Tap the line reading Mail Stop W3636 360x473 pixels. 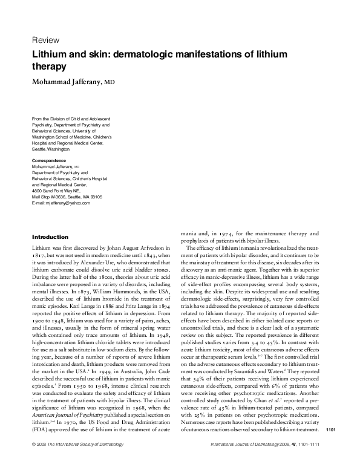[54, 197]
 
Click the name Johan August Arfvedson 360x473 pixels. [141, 248]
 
